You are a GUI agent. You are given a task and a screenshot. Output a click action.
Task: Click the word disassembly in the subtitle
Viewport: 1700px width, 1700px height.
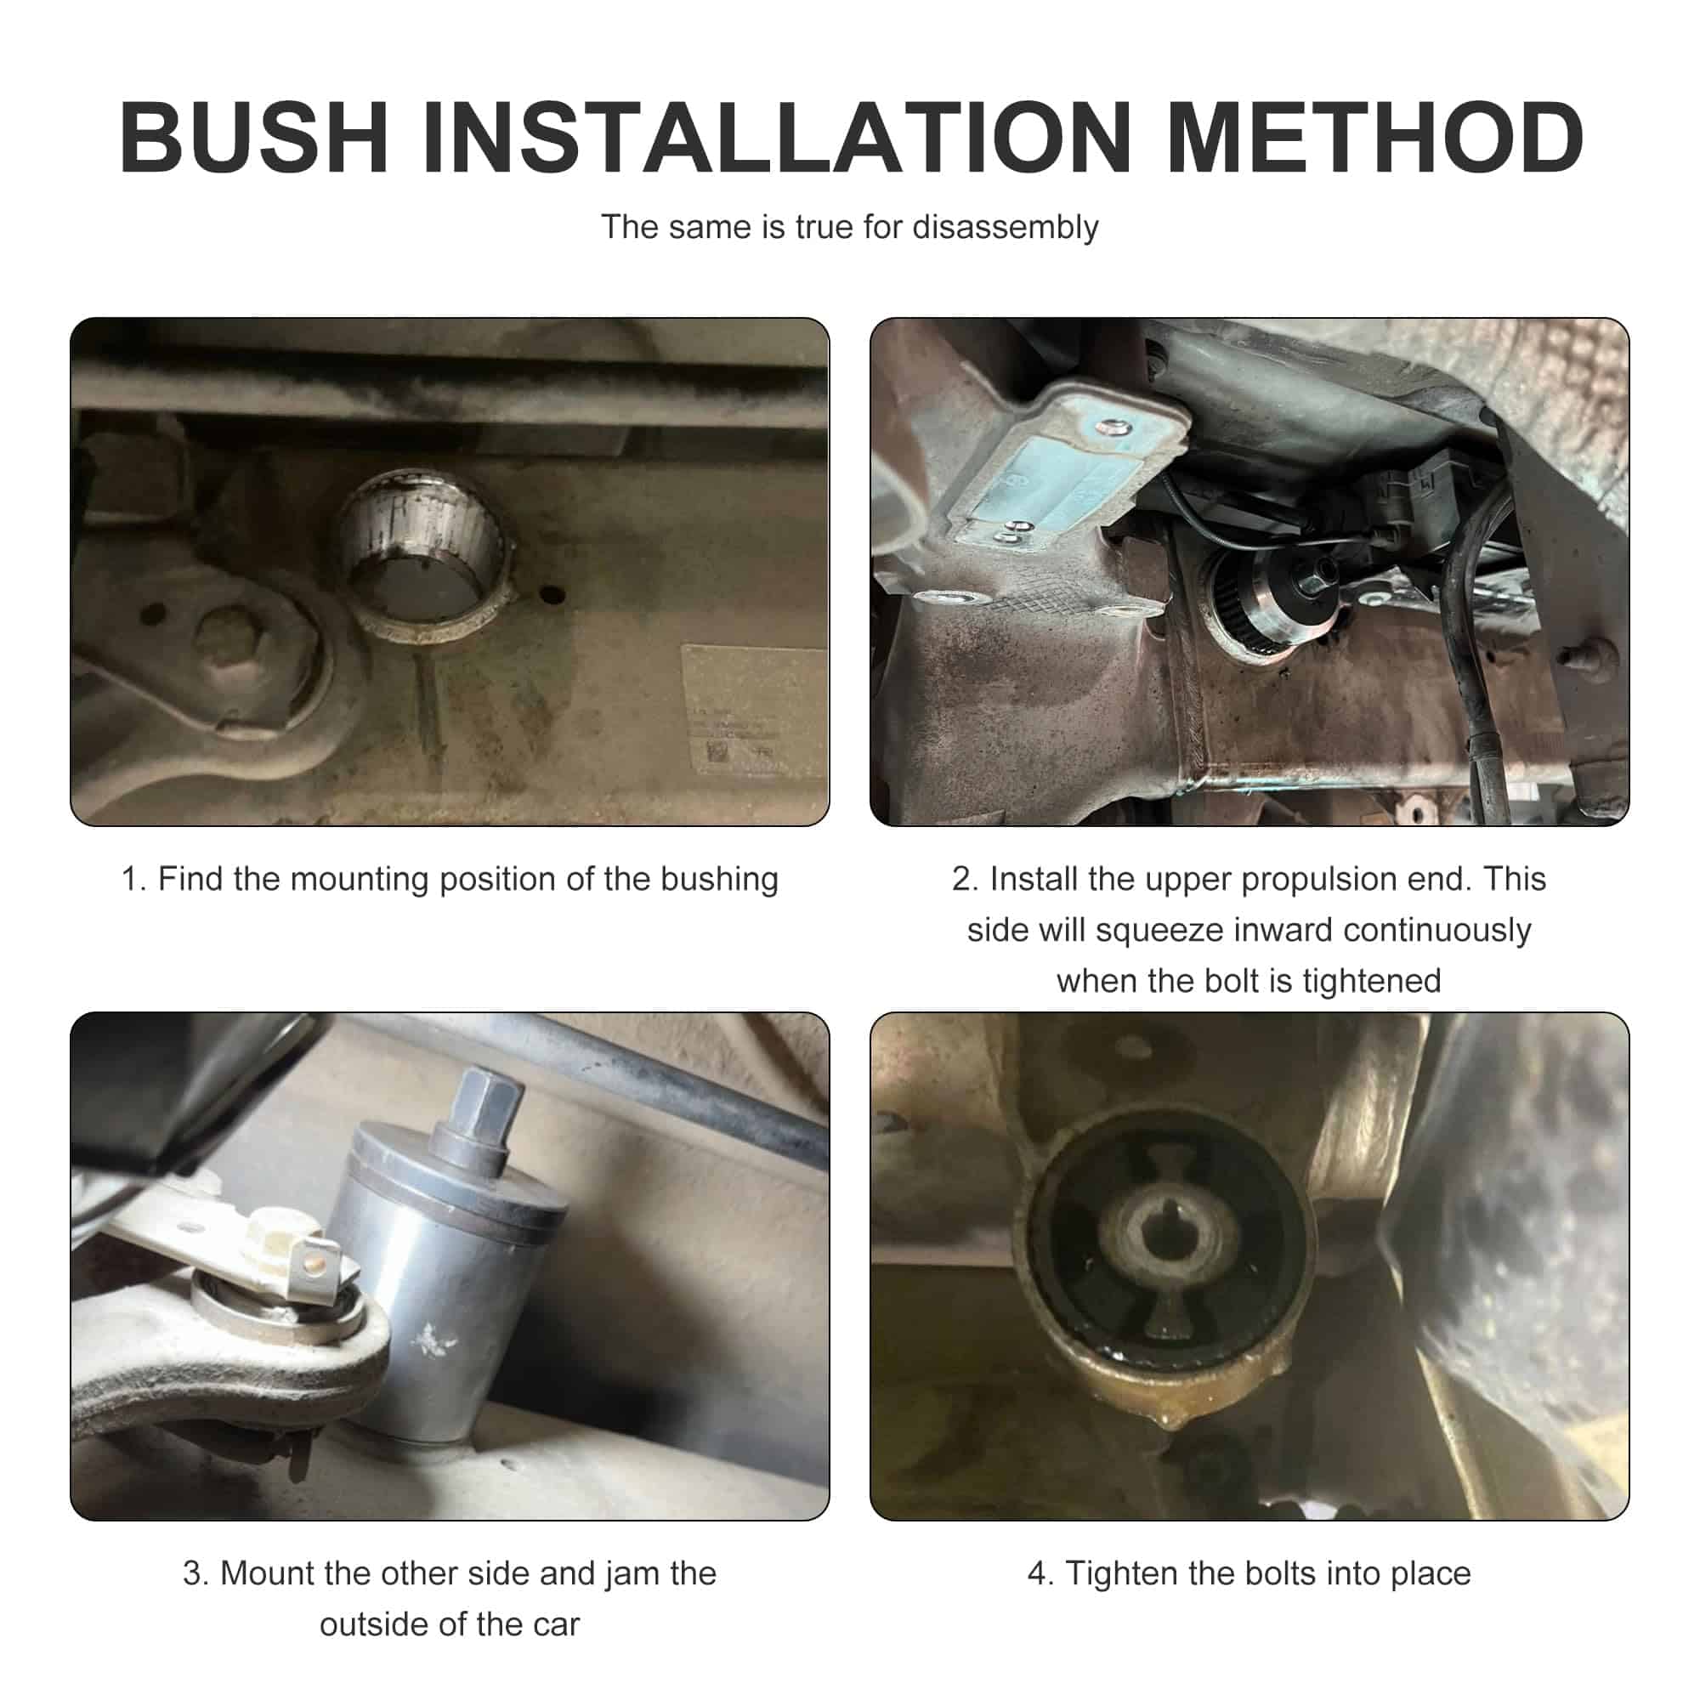coord(1005,228)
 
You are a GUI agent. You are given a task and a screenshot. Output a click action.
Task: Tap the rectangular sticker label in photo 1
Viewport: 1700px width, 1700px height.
coord(753,708)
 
